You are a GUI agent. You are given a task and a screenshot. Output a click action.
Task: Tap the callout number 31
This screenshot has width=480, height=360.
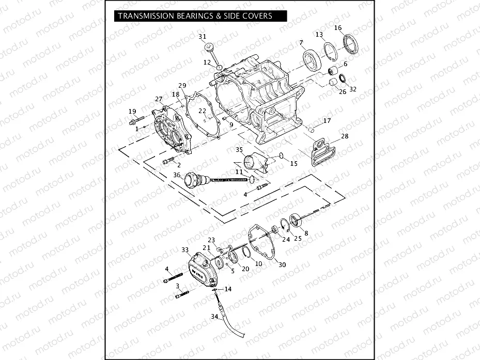tap(202, 36)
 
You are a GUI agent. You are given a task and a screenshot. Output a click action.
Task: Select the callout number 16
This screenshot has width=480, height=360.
tap(338, 27)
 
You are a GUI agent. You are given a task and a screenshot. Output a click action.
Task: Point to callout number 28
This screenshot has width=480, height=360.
tap(345, 136)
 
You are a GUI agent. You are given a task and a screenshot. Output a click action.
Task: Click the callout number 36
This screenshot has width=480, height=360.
tap(177, 175)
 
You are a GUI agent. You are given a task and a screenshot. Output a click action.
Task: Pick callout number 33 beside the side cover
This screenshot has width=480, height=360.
tap(185, 249)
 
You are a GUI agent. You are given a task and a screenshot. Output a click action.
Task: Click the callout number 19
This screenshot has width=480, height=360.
tap(132, 111)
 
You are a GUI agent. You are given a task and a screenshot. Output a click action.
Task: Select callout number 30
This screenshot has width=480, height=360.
tap(282, 265)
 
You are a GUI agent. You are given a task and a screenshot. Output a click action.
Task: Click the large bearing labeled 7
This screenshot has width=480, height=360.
tap(311, 60)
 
